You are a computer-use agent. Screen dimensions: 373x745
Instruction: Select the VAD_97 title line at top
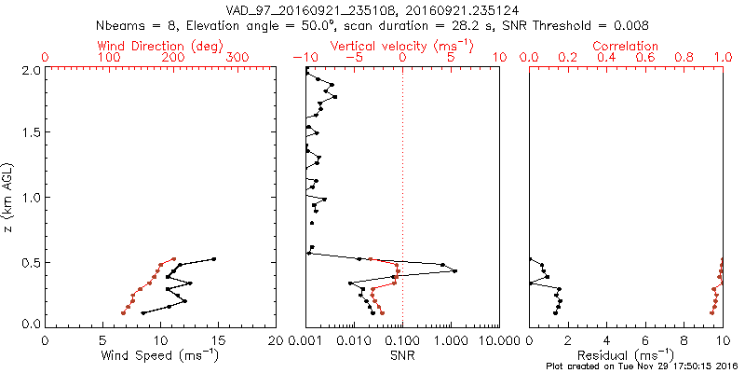[x=372, y=9]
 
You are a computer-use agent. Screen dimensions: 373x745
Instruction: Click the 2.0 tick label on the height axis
[x=31, y=70]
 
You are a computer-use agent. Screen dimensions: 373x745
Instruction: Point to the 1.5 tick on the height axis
[x=31, y=133]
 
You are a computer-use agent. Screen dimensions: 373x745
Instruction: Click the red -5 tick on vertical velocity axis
[x=354, y=58]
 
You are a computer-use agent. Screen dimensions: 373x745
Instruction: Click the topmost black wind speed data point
[x=213, y=259]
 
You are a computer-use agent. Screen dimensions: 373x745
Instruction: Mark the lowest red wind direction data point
[x=123, y=312]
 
